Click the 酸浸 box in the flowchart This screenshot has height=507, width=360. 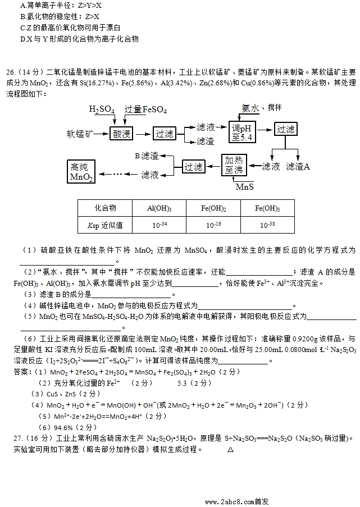tap(122, 134)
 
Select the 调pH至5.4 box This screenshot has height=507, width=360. tap(241, 133)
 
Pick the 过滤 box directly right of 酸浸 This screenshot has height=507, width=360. tap(165, 134)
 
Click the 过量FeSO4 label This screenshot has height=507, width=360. tap(146, 109)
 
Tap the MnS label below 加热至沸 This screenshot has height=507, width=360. tap(244, 186)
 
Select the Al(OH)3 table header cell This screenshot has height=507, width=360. tap(160, 208)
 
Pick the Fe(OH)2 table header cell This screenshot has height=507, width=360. tap(213, 208)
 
